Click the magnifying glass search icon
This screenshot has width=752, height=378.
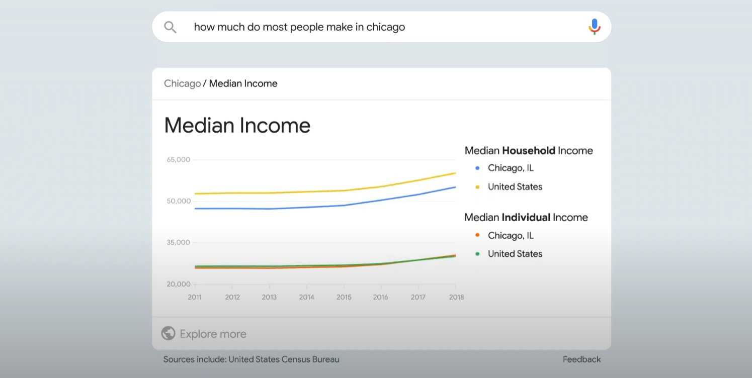click(x=170, y=27)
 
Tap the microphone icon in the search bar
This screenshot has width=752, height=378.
click(x=594, y=27)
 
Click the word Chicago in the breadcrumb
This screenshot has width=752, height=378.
click(x=182, y=83)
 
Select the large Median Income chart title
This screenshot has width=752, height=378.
click(x=237, y=126)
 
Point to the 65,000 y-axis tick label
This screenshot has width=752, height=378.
click(x=178, y=160)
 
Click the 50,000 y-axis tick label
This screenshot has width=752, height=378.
click(x=179, y=201)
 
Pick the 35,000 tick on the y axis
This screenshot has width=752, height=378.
click(x=178, y=242)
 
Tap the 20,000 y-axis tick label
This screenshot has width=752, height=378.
click(x=179, y=284)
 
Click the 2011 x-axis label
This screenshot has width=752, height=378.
click(x=195, y=297)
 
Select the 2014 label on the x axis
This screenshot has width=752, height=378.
click(x=306, y=297)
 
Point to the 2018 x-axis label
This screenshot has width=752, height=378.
click(x=457, y=297)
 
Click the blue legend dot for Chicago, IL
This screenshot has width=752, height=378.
click(x=477, y=168)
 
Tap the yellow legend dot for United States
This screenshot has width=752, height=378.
click(x=477, y=187)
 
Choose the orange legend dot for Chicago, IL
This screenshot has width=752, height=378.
click(x=477, y=235)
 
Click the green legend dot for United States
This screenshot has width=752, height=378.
click(x=477, y=254)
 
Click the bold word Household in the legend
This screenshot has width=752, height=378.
click(x=529, y=151)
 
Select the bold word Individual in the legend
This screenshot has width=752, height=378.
click(x=526, y=217)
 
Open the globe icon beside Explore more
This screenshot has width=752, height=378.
click(x=168, y=333)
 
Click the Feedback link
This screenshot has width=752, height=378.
click(x=582, y=359)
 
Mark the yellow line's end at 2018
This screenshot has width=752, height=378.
click(x=456, y=173)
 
